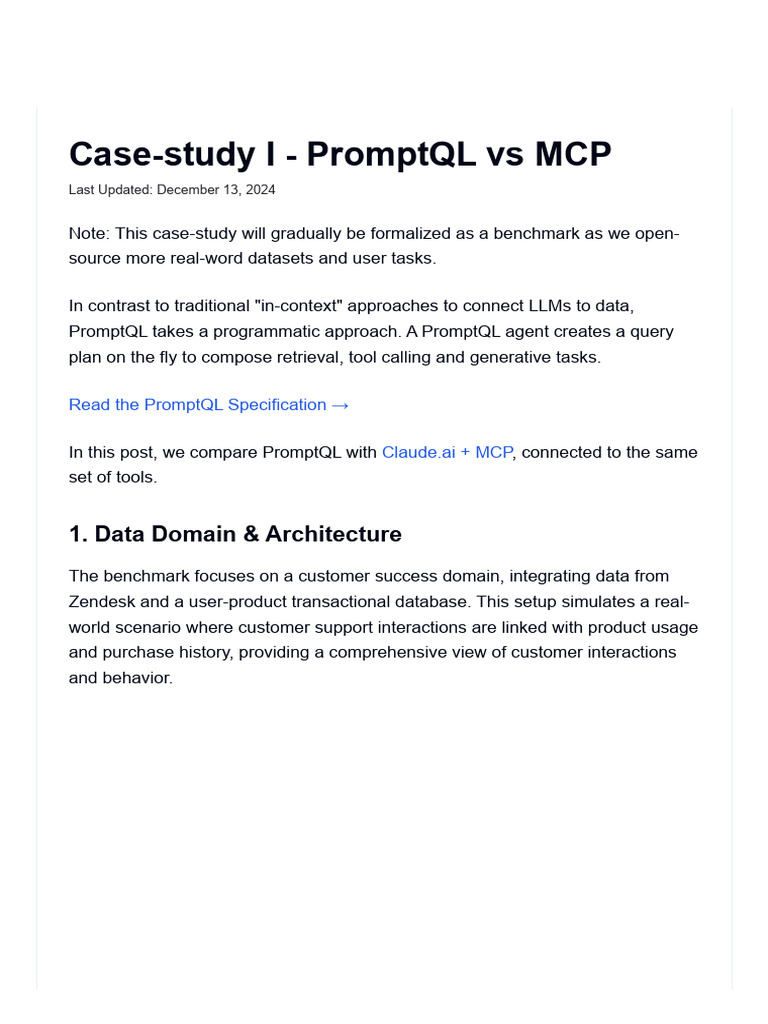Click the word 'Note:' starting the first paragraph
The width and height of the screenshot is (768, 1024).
click(x=90, y=233)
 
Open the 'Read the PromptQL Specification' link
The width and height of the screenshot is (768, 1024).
click(x=198, y=404)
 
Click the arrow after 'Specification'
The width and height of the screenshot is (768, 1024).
click(x=340, y=404)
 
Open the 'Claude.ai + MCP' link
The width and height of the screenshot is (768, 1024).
click(x=447, y=452)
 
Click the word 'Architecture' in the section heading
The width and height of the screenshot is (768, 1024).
click(x=333, y=534)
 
